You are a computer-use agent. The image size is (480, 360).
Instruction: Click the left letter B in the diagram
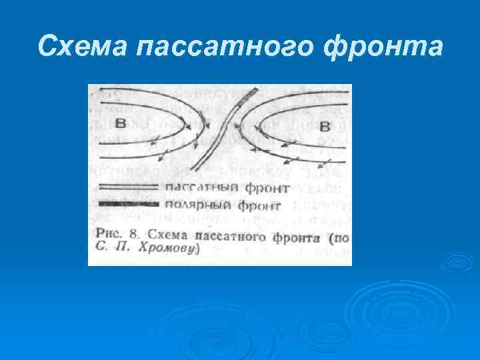tap(121, 123)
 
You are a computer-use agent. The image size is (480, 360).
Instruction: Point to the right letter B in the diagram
tap(325, 125)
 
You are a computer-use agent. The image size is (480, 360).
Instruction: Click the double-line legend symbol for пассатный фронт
tap(128, 187)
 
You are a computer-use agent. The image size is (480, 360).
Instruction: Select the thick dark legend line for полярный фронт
tap(128, 203)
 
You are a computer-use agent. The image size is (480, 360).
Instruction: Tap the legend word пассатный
tap(197, 188)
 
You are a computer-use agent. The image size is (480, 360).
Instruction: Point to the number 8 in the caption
tap(133, 235)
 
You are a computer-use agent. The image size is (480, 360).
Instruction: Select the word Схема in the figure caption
tap(166, 235)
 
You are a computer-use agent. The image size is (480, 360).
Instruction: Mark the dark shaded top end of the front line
tap(251, 92)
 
